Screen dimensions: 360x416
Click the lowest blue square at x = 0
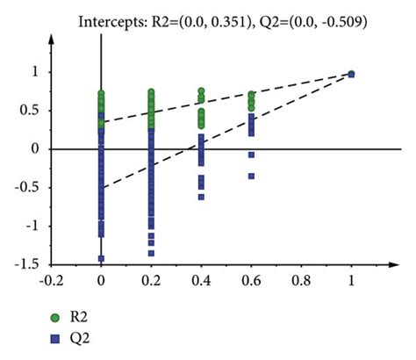pyautogui.click(x=102, y=258)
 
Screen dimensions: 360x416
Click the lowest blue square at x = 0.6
pyautogui.click(x=252, y=176)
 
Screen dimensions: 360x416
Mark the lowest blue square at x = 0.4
pyautogui.click(x=202, y=197)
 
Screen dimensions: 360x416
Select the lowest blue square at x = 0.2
pyautogui.click(x=152, y=253)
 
